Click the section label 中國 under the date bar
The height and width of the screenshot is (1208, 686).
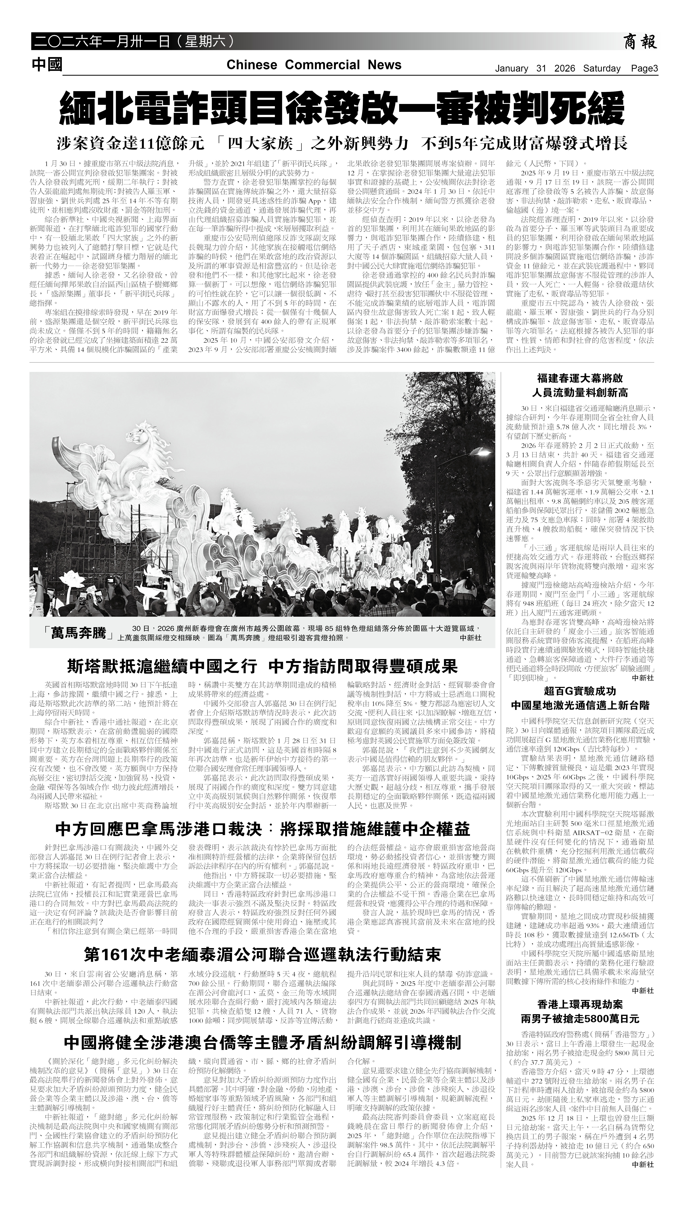tap(47, 65)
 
